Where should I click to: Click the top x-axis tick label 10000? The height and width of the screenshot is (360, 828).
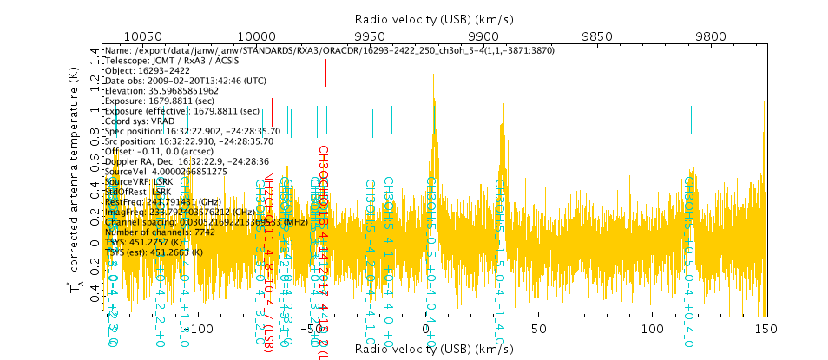tap(256, 36)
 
